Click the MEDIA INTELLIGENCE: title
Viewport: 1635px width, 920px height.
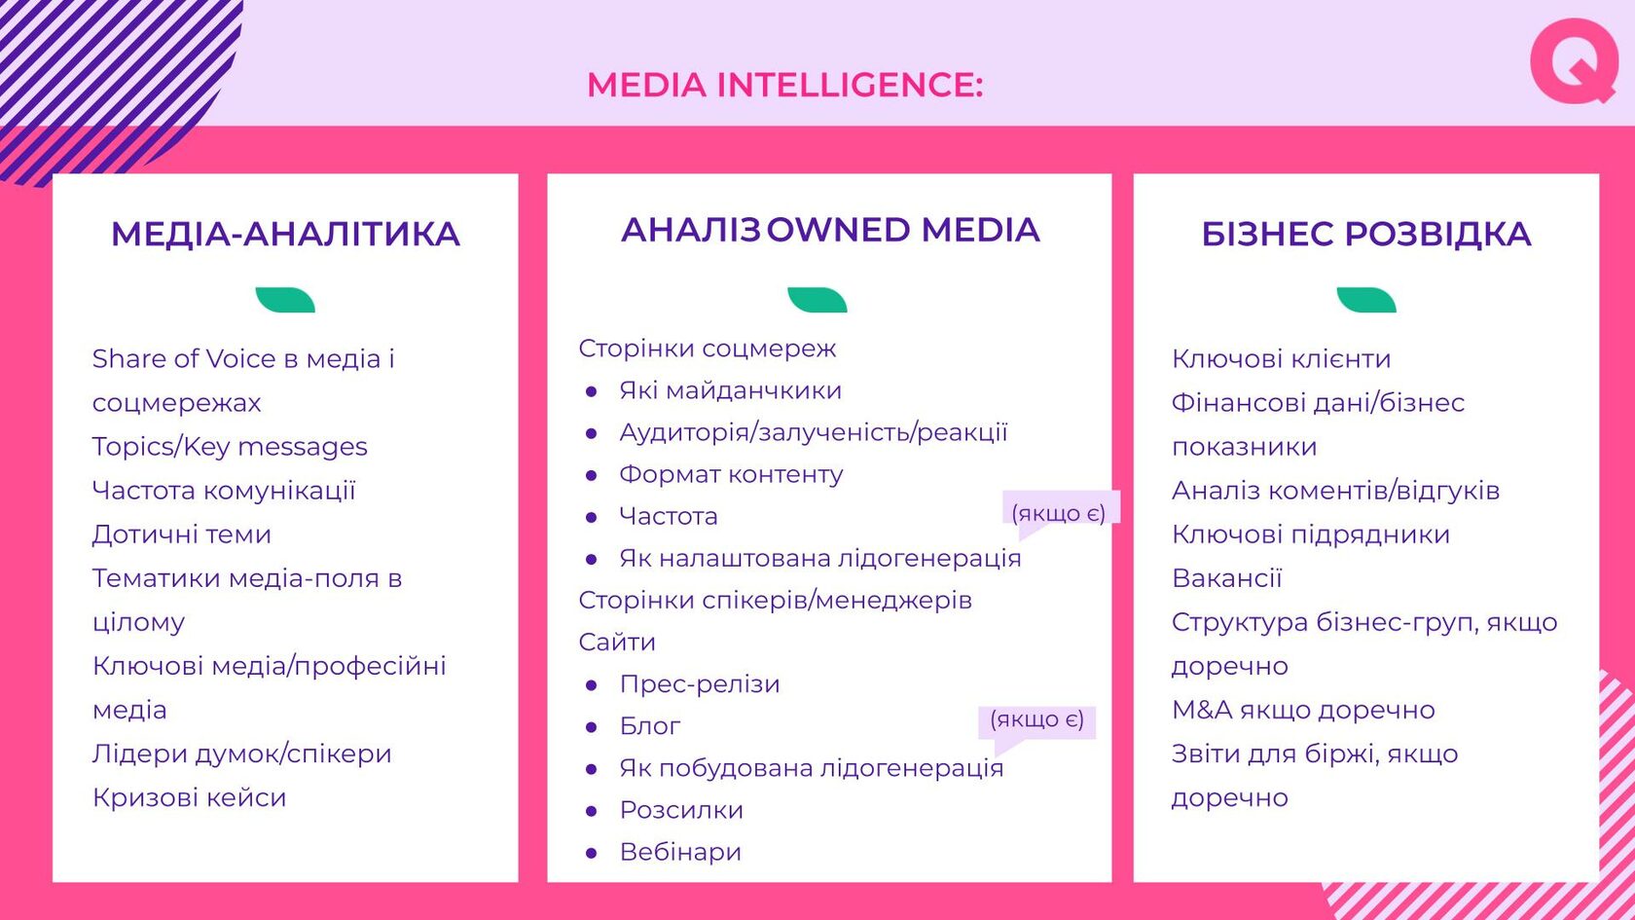pos(785,85)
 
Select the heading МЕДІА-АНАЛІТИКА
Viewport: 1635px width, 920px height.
pos(285,235)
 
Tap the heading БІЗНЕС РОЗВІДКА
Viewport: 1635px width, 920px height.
pos(1365,235)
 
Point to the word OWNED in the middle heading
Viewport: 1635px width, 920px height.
pos(838,230)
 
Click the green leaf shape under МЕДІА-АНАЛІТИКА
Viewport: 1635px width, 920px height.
pos(285,300)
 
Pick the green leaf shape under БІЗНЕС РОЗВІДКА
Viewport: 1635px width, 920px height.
pos(1366,300)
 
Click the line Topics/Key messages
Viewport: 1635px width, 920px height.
pos(230,446)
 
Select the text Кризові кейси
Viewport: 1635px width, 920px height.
pos(189,797)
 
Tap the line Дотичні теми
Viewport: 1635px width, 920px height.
pos(182,534)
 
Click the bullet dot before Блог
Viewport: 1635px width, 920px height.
pos(592,727)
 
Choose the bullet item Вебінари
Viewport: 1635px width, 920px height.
pos(680,852)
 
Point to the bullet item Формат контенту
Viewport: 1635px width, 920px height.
pos(732,475)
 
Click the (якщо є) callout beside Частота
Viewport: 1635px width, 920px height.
pos(1059,513)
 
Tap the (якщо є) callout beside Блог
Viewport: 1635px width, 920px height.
pos(1036,720)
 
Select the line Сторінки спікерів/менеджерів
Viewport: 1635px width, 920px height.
pos(775,600)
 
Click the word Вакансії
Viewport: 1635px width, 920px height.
pos(1227,578)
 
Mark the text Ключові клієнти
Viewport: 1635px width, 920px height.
pos(1281,358)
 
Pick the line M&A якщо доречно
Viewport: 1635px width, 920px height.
pos(1304,710)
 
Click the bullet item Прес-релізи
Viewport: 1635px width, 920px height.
pos(700,684)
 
